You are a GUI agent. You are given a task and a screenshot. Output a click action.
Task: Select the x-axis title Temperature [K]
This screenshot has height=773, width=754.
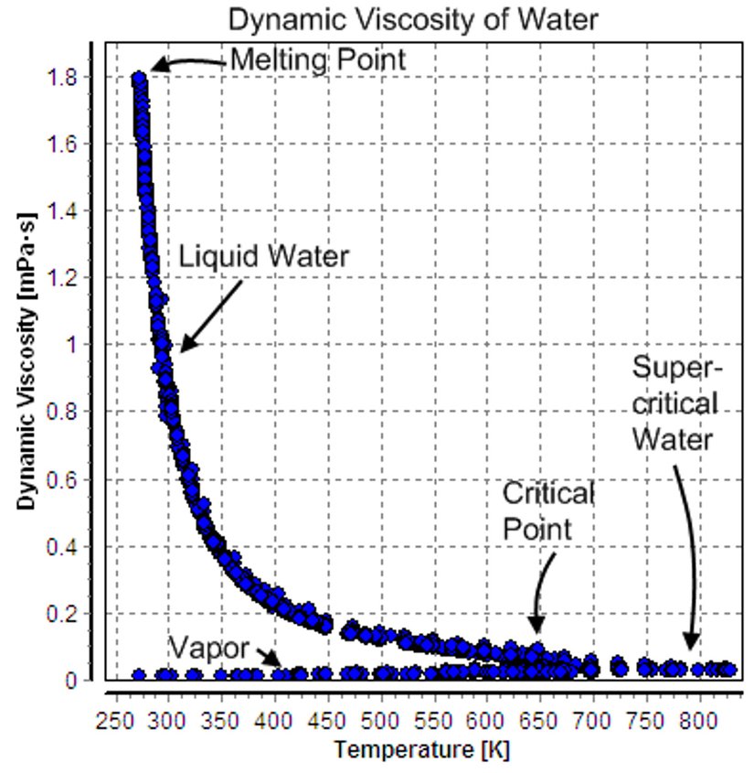coord(422,750)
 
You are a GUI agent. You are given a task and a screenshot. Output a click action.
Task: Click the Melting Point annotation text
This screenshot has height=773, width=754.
coord(317,61)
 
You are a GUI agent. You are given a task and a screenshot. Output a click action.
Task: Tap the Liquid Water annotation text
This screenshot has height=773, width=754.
coord(263,257)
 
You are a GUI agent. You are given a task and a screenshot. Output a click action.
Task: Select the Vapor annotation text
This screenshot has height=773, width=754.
coord(208,649)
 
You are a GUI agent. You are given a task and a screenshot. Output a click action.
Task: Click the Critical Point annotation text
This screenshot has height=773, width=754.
coord(548,511)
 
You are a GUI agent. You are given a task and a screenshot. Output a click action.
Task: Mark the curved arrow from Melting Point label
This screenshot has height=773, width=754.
coord(187,63)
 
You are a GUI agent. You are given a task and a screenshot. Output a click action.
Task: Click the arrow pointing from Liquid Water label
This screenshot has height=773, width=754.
coord(210,315)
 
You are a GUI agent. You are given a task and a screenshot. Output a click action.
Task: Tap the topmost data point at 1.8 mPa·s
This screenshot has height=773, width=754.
coord(139,80)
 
